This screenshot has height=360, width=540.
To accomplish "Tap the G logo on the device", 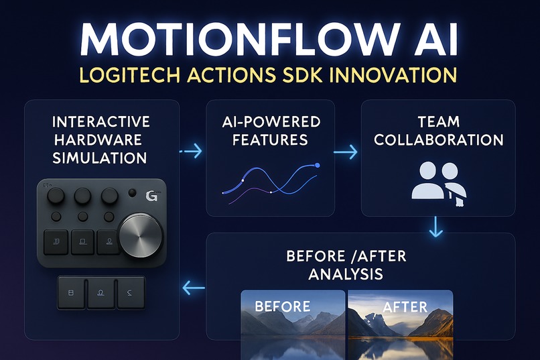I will pyautogui.click(x=151, y=197).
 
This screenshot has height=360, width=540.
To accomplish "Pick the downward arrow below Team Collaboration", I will pyautogui.click(x=436, y=227).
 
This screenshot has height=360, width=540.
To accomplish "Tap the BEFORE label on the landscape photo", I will pyautogui.click(x=282, y=307).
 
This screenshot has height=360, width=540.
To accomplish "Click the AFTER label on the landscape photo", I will pyautogui.click(x=405, y=307).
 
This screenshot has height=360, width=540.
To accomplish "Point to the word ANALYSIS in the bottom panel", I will pyautogui.click(x=346, y=274).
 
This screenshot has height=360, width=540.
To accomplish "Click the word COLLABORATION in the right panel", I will pyautogui.click(x=438, y=140).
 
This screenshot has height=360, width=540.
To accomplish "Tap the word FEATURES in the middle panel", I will pyautogui.click(x=271, y=140).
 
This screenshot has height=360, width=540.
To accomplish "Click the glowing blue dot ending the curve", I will pyautogui.click(x=318, y=164).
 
